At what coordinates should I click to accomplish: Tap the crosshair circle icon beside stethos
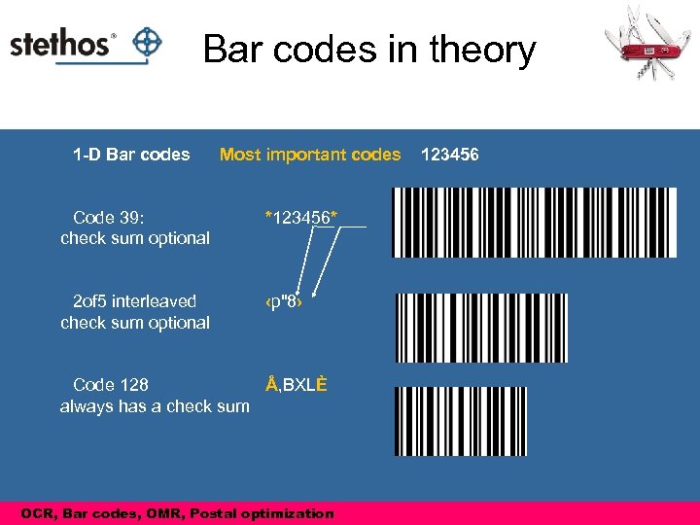147,43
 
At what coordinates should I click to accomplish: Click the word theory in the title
476,51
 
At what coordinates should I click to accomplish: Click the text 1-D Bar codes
131,155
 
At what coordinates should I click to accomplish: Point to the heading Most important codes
310,155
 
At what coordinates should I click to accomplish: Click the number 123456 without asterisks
449,155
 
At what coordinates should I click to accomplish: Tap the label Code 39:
109,217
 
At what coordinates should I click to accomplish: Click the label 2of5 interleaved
134,301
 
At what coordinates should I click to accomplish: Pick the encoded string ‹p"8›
285,301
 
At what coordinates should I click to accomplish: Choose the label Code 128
111,385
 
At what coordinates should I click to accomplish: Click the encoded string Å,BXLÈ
296,385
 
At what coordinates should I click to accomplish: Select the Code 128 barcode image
461,420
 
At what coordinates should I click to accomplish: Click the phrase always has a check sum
155,406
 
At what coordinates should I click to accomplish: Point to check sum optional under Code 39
135,238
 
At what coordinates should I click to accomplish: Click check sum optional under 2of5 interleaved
135,323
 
